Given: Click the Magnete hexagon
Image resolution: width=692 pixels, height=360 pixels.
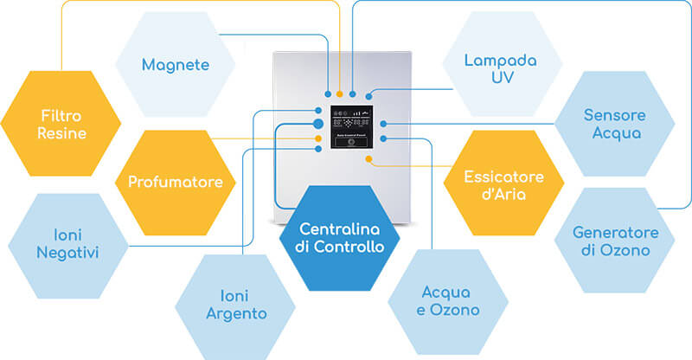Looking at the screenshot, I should [176, 65].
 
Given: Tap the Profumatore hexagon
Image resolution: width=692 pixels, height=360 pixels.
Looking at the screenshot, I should [176, 182].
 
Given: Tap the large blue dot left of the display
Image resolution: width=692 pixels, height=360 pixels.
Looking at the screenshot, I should [318, 125].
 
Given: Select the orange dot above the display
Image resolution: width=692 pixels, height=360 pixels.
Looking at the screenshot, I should [340, 93].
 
